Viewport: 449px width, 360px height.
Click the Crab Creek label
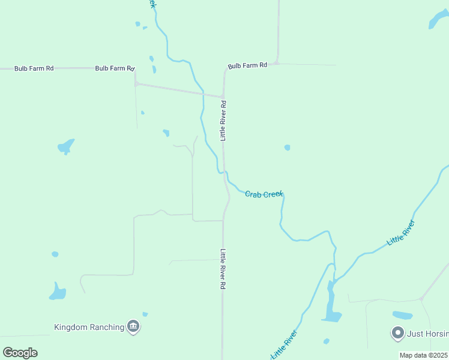click(264, 194)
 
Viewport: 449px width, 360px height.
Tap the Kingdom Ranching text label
click(89, 327)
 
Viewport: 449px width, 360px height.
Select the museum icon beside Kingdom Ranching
click(133, 327)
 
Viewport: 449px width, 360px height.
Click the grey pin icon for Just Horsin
click(397, 332)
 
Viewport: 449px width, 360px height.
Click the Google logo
click(20, 353)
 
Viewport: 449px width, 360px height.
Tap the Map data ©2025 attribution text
click(424, 355)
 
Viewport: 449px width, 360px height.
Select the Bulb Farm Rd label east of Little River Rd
click(247, 65)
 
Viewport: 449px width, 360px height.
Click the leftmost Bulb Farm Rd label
click(34, 68)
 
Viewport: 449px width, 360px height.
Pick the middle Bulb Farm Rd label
click(115, 68)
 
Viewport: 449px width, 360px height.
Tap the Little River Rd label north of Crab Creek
click(223, 121)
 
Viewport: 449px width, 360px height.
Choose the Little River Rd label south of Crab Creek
click(222, 269)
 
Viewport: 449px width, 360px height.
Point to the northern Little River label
click(401, 232)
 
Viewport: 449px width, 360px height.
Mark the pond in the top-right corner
click(438, 20)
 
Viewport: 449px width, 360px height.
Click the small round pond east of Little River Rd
click(287, 148)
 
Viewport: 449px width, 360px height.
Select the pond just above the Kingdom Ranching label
click(58, 292)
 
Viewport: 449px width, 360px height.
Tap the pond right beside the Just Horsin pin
click(402, 315)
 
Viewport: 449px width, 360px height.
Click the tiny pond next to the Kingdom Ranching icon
click(145, 314)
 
